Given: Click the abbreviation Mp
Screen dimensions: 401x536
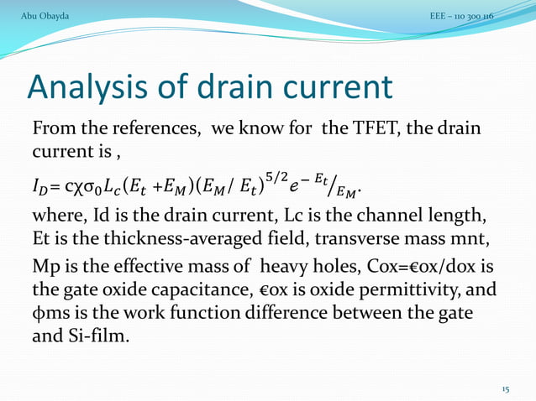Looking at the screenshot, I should pos(44,268).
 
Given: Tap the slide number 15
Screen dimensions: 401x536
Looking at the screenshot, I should pos(506,389).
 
